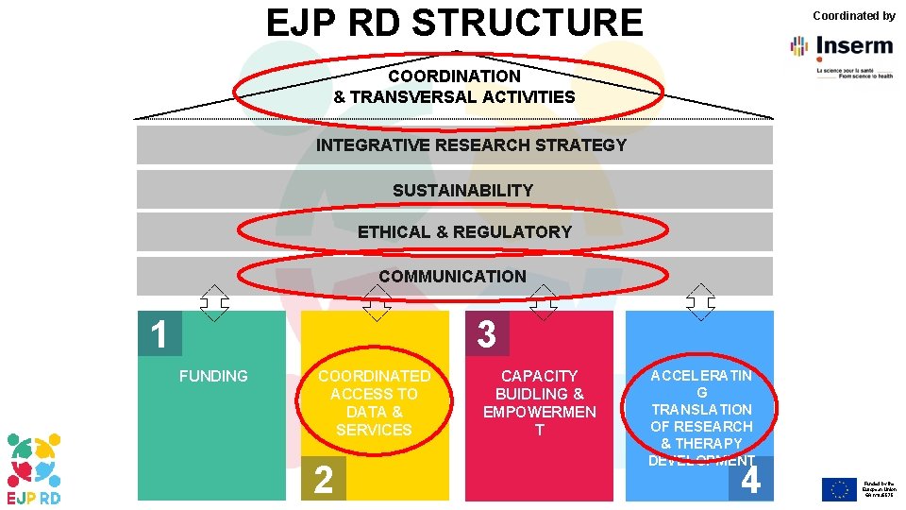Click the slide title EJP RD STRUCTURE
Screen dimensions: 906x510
454,23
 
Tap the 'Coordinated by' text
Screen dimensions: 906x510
853,15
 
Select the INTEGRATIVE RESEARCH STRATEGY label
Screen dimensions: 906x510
471,145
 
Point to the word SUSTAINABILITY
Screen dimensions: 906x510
462,190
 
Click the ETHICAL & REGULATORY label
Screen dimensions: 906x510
464,231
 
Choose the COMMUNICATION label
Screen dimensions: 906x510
452,276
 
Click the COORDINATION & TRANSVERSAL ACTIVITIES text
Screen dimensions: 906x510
454,86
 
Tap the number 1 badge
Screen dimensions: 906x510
159,334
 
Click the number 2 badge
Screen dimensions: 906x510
323,480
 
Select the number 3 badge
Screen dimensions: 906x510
486,334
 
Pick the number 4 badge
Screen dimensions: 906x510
751,480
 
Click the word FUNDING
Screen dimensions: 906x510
213,376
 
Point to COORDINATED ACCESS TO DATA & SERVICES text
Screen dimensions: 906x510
374,402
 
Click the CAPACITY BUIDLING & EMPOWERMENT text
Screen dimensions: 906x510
539,402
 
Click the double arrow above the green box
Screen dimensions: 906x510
214,302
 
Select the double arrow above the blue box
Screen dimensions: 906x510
700,302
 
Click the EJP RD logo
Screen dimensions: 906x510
35,468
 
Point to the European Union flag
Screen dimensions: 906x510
838,488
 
